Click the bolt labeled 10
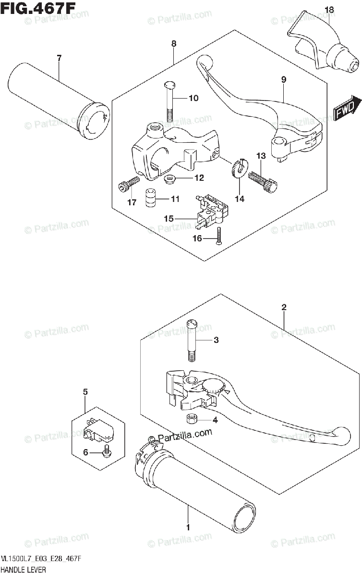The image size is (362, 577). [x=169, y=101]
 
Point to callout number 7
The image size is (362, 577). [x=59, y=59]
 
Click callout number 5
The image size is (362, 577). [x=85, y=392]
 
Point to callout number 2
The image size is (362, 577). [x=284, y=307]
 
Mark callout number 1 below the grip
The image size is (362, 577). [x=188, y=527]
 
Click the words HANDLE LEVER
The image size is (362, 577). [x=24, y=570]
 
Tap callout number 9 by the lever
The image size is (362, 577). [x=284, y=79]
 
